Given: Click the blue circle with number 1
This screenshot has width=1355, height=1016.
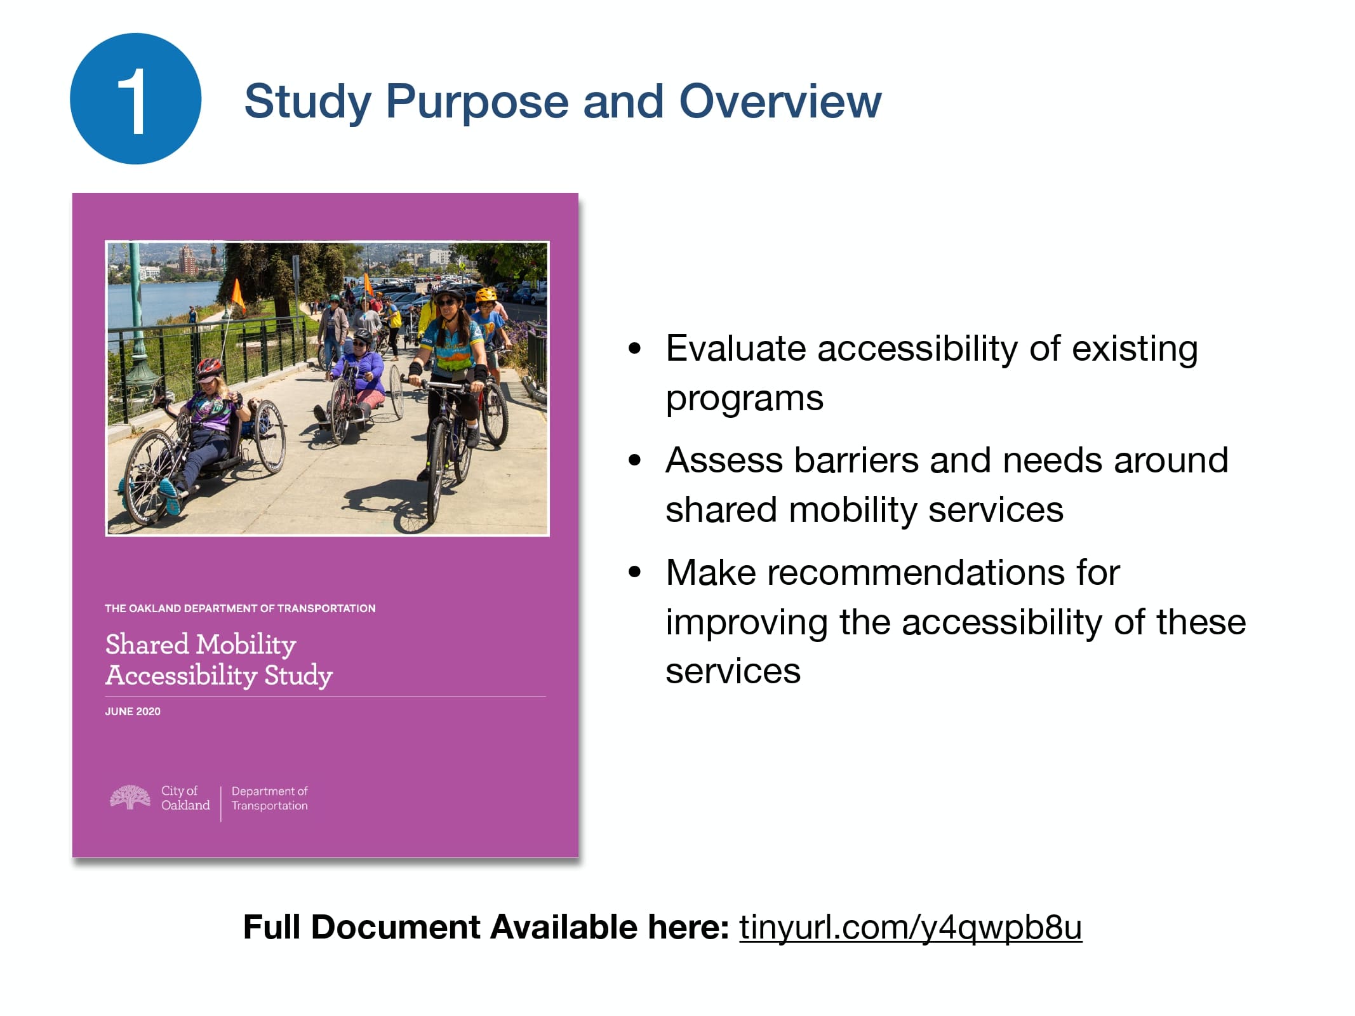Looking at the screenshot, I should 135,99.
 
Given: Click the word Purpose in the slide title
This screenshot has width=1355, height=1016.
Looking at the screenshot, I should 477,102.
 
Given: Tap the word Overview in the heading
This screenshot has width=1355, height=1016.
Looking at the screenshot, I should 780,102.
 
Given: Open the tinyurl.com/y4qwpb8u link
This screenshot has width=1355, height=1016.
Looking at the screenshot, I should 910,927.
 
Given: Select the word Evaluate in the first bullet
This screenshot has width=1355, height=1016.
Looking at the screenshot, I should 736,349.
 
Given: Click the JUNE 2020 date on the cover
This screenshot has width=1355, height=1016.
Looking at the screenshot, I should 133,711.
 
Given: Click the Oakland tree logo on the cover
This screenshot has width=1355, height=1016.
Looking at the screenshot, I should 130,798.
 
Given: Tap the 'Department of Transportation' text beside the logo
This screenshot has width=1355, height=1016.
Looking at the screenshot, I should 269,798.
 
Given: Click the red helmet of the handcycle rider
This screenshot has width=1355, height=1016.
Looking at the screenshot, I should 209,367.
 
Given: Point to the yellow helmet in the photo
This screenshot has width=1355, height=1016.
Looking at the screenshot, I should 486,295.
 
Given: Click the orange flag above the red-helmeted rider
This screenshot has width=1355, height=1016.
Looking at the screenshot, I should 237,293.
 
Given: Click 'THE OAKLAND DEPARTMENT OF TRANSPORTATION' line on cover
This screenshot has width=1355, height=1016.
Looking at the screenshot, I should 240,608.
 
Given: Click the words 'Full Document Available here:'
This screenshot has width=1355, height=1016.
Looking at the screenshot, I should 486,927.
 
